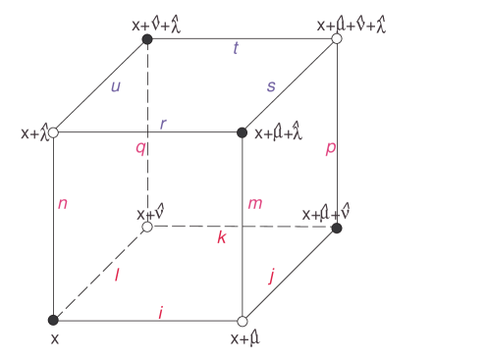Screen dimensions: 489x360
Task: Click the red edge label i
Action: [161, 311]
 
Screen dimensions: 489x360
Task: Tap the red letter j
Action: [271, 276]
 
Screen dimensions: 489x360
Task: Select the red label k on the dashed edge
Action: [222, 236]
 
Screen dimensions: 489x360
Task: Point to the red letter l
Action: [117, 275]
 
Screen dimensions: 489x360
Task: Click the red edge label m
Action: [254, 203]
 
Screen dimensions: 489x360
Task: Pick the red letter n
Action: [63, 203]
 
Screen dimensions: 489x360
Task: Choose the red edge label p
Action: [330, 148]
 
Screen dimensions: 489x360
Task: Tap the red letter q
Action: [140, 148]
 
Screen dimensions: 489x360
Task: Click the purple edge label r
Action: [163, 124]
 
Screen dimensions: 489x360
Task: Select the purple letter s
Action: [271, 86]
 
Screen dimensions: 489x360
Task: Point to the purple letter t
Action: [236, 48]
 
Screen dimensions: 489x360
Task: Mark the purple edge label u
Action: [116, 86]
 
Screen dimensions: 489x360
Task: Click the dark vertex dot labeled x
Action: [53, 320]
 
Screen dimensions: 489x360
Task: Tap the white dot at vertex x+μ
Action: [243, 321]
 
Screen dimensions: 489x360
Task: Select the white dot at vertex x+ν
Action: [147, 227]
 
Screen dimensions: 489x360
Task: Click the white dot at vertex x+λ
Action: [53, 132]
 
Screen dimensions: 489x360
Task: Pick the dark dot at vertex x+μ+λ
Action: [243, 132]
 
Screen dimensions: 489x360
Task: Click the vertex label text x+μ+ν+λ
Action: [351, 24]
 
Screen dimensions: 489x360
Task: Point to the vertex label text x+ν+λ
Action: [162, 24]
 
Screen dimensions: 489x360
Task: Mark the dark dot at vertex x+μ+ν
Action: [337, 228]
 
